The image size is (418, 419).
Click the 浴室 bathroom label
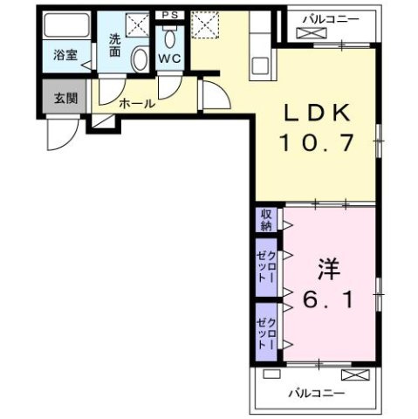pos(65,55)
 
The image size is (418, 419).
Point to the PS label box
pos(168,15)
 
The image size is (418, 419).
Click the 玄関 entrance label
pos(65,97)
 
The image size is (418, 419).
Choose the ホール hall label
pos(136,103)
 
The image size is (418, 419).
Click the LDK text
pos(318,112)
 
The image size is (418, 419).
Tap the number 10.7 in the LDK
pos(318,142)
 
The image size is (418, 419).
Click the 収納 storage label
pos(264,220)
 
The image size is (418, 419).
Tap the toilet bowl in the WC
pos(169,38)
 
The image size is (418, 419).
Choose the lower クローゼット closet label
pos(265,331)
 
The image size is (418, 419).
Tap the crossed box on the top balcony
pos(310,33)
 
